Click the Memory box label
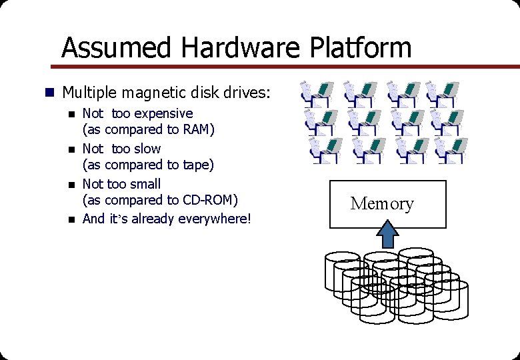[x=382, y=203]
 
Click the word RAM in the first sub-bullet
[x=196, y=129]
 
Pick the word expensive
[x=163, y=113]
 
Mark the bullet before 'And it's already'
[x=71, y=219]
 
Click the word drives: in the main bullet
[x=247, y=91]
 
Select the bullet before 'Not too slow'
[x=71, y=149]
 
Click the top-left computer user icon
[x=317, y=94]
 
